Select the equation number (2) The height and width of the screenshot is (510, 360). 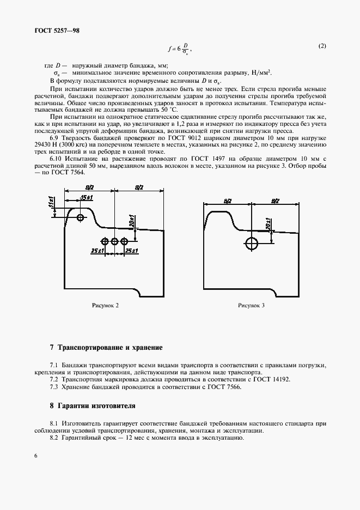[x=322, y=46]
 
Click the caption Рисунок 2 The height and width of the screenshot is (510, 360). [x=105, y=305]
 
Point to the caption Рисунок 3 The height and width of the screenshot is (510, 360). [x=251, y=305]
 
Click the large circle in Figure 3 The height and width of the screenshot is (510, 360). [x=252, y=243]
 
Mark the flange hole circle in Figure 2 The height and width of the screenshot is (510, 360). [x=81, y=218]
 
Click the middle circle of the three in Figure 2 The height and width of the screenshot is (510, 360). [x=114, y=241]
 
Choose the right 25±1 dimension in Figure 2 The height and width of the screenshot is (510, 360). [x=132, y=250]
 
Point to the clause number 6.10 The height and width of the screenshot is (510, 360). [x=56, y=159]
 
